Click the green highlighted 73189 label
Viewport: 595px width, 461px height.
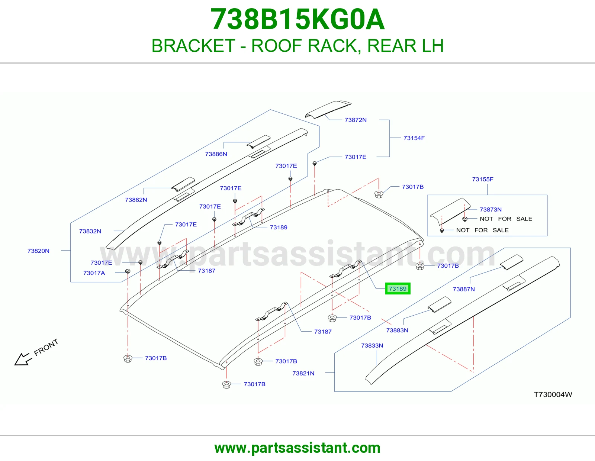pos(398,288)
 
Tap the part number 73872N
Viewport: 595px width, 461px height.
pos(356,120)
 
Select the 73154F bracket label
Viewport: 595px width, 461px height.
pos(414,138)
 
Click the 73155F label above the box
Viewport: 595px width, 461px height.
pos(482,179)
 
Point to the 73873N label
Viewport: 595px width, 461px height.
pos(491,209)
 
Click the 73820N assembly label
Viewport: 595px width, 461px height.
pos(38,251)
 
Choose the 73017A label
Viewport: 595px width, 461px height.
pos(94,273)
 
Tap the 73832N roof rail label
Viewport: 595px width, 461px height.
pos(90,231)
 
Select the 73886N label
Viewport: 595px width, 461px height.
pos(216,154)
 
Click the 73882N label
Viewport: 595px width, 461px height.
pos(136,200)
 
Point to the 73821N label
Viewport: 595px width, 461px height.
pos(303,373)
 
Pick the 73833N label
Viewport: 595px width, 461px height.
pos(372,345)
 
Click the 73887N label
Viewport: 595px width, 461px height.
pos(464,289)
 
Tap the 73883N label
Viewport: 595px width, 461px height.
pos(397,331)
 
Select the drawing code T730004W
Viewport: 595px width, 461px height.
pos(553,394)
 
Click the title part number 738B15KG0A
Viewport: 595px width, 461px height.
pos(297,19)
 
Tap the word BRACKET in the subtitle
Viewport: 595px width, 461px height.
pos(193,46)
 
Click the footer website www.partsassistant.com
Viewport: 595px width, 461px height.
pos(297,448)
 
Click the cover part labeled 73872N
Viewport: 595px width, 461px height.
pos(328,110)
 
